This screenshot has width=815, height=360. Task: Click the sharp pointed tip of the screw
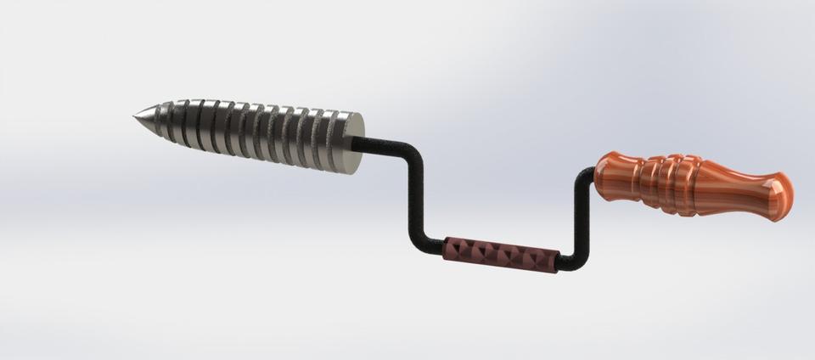pos(135,116)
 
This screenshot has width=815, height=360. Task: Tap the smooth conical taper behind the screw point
pos(151,118)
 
